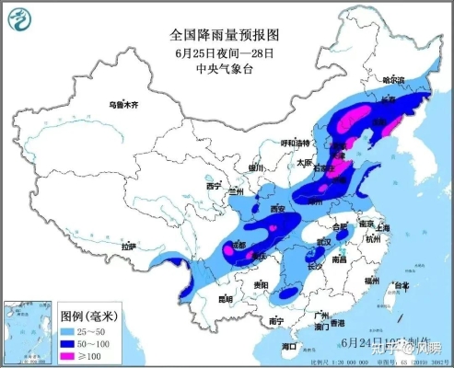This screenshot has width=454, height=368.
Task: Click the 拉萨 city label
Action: (130, 247)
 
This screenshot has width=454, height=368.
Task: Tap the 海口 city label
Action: (290, 345)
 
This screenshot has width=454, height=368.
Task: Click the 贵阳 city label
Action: (262, 285)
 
